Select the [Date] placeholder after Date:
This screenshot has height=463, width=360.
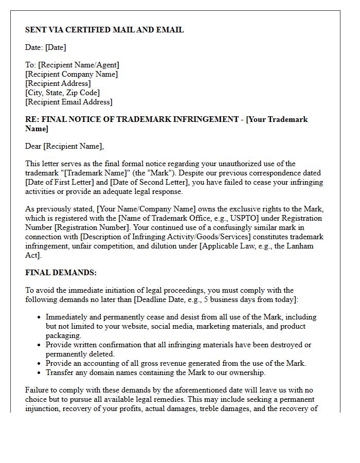pyautogui.click(x=56, y=47)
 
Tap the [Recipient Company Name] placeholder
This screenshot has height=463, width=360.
pyautogui.click(x=71, y=74)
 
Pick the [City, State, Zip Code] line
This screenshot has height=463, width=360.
pyautogui.click(x=62, y=93)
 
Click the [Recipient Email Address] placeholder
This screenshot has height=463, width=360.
pyautogui.click(x=68, y=102)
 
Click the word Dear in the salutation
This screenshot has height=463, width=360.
pyautogui.click(x=33, y=146)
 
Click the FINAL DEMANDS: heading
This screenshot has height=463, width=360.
pyautogui.click(x=61, y=273)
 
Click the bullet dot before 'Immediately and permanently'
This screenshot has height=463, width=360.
pyautogui.click(x=39, y=317)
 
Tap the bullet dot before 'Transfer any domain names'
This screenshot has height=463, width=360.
pyautogui.click(x=39, y=373)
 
